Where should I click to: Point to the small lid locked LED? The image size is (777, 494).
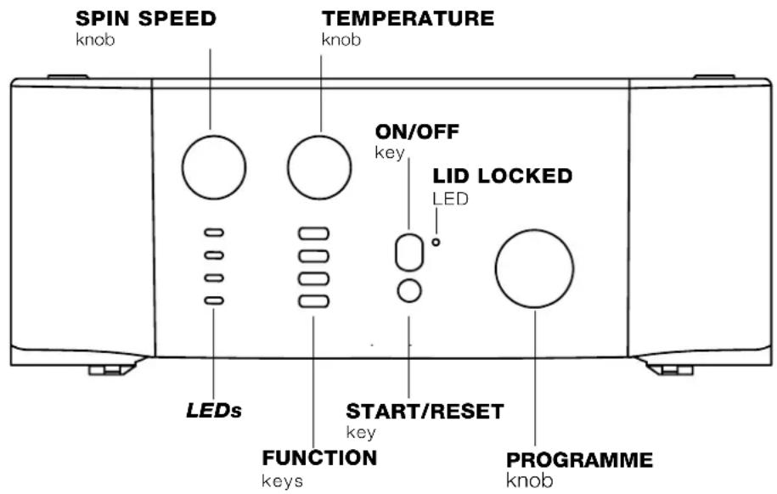(436, 242)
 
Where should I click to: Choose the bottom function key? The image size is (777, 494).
(313, 300)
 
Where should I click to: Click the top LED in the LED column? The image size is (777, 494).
(215, 232)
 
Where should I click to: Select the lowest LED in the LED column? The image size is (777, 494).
(215, 300)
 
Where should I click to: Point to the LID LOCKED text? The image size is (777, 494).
(503, 177)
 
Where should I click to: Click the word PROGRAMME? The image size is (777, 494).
(579, 461)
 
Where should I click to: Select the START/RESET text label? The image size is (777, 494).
(424, 412)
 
